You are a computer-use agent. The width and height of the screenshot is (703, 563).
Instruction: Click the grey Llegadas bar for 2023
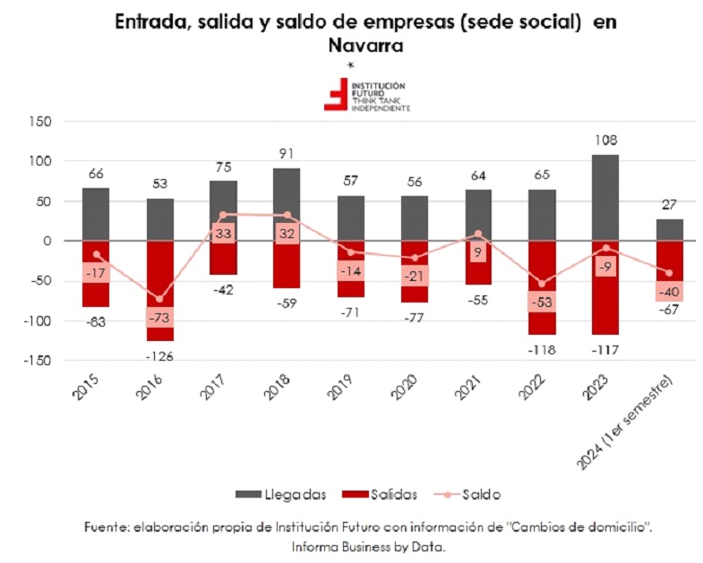tap(605, 198)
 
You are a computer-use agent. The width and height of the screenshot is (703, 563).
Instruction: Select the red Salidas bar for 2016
tap(160, 291)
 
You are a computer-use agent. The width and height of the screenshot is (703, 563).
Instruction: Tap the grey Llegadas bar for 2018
tap(287, 204)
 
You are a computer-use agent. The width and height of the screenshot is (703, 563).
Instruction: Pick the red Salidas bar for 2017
tap(223, 258)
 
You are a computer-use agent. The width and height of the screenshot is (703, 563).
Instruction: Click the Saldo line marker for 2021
tap(478, 234)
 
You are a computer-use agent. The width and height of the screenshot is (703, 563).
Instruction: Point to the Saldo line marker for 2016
tap(159, 299)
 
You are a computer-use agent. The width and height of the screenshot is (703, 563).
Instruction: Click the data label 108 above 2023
tap(605, 141)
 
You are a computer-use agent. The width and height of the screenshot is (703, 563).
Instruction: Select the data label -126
tap(159, 357)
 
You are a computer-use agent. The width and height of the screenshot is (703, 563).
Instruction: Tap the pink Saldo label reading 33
tap(223, 234)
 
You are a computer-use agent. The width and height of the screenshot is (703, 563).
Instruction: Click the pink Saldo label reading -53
tap(542, 303)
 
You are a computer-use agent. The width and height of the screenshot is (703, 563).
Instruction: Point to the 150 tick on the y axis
tap(40, 122)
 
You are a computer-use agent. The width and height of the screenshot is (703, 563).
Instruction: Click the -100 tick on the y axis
tap(38, 321)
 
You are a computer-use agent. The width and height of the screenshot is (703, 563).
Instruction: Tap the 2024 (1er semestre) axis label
tap(624, 422)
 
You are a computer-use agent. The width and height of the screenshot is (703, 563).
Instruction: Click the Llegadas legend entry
tap(280, 494)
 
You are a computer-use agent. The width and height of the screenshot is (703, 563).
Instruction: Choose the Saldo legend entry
tap(467, 494)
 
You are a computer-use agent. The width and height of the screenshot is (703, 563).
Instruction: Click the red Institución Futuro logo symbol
tap(336, 94)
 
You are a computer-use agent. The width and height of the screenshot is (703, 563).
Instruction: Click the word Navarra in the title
tap(366, 46)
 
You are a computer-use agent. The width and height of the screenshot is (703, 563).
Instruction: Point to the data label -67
tap(669, 310)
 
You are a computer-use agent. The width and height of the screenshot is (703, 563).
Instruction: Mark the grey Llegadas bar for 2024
tap(670, 230)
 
